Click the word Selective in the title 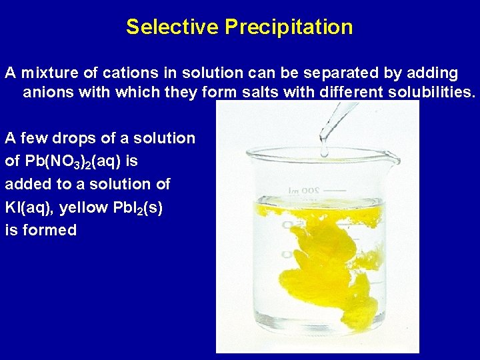[173, 27]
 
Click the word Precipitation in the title [289, 27]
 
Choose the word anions [48, 92]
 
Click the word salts [261, 92]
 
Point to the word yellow [83, 207]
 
